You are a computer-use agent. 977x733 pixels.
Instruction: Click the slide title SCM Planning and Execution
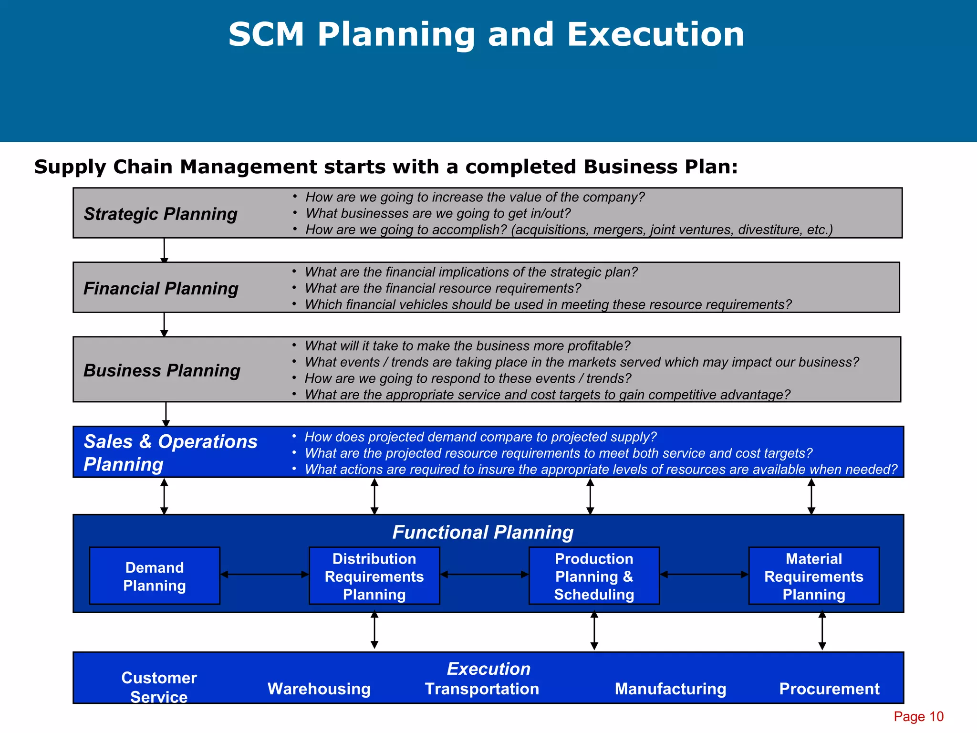pos(486,35)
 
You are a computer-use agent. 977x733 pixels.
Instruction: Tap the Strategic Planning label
pos(160,214)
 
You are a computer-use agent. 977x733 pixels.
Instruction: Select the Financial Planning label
pos(161,288)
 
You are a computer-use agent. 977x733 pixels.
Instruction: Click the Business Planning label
pos(162,370)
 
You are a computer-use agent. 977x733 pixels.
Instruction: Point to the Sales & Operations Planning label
pos(170,452)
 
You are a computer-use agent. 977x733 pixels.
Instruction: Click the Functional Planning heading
pos(483,532)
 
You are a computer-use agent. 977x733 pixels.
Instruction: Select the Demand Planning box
pos(155,576)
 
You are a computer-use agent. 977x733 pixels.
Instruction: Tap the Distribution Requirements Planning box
pos(374,576)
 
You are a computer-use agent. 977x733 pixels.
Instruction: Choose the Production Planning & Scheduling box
pos(594,576)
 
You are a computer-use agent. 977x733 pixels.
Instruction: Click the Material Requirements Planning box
pos(814,576)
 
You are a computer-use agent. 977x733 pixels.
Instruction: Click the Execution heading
pos(488,669)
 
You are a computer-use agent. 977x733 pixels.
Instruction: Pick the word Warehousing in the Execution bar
pos(319,689)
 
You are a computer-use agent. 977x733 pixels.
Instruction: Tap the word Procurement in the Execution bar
pos(829,689)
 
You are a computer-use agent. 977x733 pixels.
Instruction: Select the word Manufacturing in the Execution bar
pos(670,689)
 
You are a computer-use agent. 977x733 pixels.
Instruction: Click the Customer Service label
pos(159,687)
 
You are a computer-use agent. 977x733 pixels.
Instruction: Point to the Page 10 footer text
pos(918,716)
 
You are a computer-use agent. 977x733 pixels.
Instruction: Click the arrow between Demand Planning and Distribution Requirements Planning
pos(265,575)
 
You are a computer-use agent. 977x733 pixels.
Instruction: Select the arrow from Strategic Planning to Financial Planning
pos(164,250)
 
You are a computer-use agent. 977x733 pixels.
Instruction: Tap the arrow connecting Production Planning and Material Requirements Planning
pos(704,575)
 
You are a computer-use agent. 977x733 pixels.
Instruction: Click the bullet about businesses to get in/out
pos(437,213)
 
